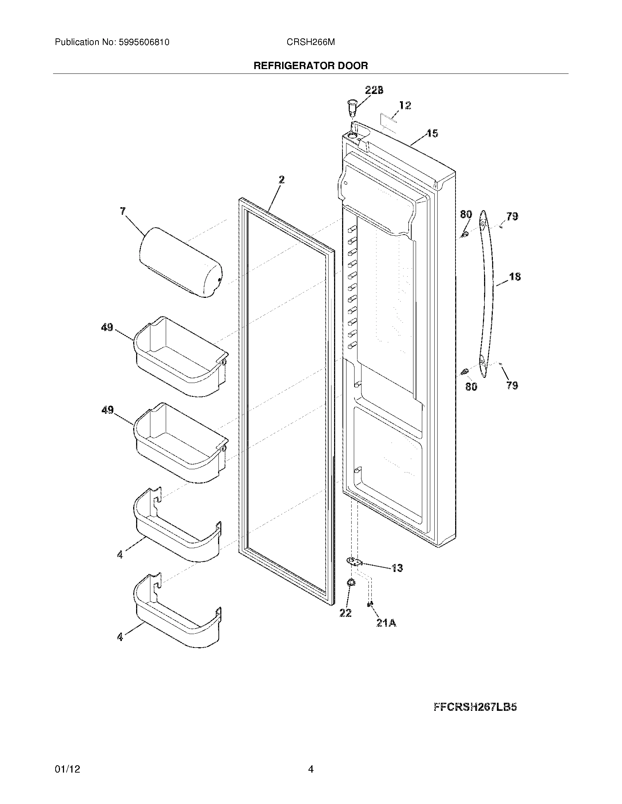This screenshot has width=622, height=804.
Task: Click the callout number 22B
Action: [374, 90]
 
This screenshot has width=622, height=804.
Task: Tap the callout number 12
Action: [405, 106]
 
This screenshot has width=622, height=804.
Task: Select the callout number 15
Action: [432, 133]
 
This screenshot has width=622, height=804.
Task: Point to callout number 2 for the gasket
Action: [281, 180]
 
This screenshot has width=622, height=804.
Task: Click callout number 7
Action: [123, 211]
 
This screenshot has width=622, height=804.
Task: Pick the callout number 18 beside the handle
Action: [515, 277]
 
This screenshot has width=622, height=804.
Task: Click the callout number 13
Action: [397, 568]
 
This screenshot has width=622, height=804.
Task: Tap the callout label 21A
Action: [386, 622]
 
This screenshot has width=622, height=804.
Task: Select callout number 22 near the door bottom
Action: [345, 613]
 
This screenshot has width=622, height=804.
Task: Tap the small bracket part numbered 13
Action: [354, 561]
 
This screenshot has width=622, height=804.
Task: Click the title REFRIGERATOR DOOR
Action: [311, 66]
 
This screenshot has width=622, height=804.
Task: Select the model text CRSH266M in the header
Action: [311, 42]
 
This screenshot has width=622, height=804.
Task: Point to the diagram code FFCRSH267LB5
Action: [475, 707]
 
